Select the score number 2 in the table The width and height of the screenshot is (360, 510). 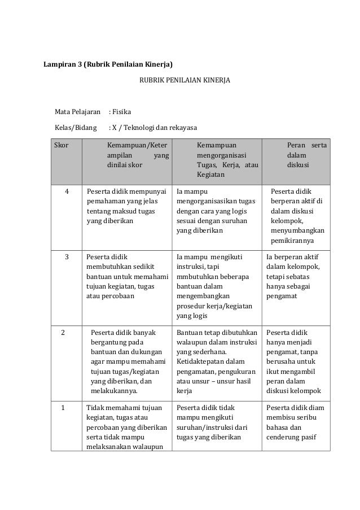tap(64, 333)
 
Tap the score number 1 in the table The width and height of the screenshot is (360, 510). tap(64, 407)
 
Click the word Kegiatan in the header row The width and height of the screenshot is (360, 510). tap(210, 176)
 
